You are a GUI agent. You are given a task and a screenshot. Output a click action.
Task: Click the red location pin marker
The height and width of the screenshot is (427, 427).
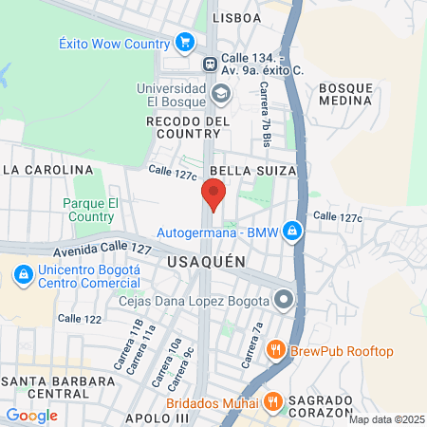[213, 194]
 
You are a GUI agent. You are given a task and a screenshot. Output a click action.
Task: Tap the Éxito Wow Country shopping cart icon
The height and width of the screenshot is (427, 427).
[185, 43]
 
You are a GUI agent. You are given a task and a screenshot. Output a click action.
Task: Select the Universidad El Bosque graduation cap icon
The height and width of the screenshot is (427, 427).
[221, 93]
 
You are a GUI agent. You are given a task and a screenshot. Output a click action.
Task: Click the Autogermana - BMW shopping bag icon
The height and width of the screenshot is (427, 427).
[293, 232]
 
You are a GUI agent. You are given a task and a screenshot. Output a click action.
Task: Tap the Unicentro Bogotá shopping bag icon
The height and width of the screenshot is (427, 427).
[21, 275]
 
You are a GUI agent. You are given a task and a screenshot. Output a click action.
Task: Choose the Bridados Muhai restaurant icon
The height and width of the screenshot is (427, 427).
[271, 402]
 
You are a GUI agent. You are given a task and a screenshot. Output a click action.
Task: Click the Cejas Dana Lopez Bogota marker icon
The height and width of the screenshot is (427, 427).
[283, 301]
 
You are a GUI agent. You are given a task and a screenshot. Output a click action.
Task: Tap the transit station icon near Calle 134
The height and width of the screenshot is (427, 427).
[211, 64]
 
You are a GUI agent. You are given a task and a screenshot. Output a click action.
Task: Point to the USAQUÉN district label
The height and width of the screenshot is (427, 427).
[206, 261]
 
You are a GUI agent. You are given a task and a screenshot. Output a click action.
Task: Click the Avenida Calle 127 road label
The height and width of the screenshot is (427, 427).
[102, 250]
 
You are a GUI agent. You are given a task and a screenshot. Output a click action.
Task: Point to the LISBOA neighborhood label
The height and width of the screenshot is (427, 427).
[236, 18]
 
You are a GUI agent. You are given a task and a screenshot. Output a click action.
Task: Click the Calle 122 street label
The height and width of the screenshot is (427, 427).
[79, 319]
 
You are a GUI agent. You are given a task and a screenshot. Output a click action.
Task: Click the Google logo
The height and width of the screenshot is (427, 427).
[31, 415]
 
